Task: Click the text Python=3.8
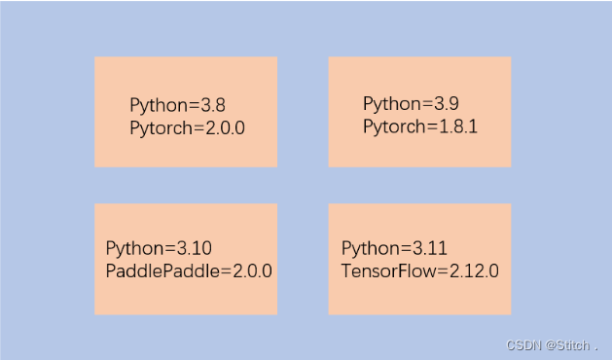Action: [x=177, y=105]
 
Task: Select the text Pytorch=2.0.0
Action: [x=187, y=127]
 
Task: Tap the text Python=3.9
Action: [x=411, y=103]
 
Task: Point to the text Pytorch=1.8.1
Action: [x=420, y=126]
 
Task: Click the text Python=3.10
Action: [x=158, y=248]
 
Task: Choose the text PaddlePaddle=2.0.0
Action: [x=189, y=270]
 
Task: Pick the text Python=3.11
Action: [x=394, y=248]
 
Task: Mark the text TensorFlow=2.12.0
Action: [x=420, y=270]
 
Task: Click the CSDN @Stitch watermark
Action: [x=552, y=344]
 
